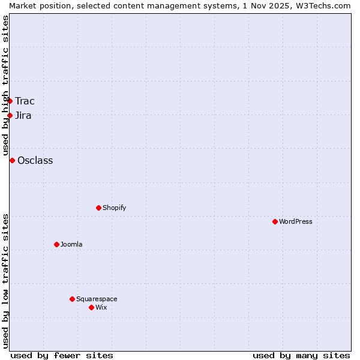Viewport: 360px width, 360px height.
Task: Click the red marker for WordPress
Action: [275, 221]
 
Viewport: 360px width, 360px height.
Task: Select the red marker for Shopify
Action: [98, 208]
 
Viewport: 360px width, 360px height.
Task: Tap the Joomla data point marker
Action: [56, 244]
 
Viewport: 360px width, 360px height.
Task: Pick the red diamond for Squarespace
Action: [72, 299]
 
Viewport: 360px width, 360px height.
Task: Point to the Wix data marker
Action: [91, 307]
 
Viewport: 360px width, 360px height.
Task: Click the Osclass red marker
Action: [12, 160]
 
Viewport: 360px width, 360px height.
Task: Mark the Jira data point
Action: [10, 115]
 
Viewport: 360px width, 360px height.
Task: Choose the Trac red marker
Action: [10, 101]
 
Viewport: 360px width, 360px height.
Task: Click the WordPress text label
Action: [296, 221]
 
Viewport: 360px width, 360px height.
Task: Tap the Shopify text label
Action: [114, 208]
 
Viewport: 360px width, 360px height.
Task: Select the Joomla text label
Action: [71, 244]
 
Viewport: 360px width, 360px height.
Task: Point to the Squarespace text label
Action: [97, 299]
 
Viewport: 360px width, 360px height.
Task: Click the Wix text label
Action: [101, 307]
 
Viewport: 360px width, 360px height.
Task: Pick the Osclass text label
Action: [35, 160]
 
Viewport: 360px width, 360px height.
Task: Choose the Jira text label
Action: [23, 115]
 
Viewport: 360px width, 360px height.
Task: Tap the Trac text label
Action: [25, 101]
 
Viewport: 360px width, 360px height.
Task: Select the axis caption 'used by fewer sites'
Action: [62, 355]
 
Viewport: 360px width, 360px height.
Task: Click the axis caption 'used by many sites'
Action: [301, 355]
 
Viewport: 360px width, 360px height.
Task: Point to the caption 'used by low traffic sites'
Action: [5, 281]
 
